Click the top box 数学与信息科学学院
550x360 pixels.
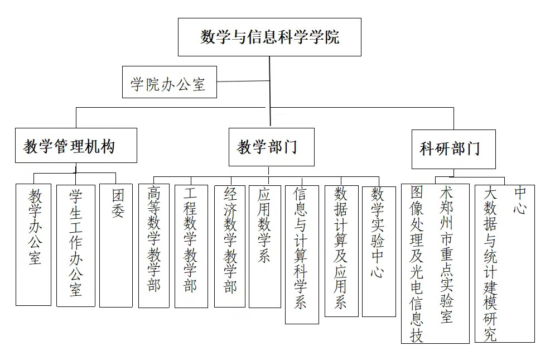click(269, 37)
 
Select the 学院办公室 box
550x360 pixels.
click(169, 83)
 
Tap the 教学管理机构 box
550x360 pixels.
click(76, 146)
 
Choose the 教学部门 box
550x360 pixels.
click(271, 147)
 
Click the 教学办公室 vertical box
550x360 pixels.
click(33, 244)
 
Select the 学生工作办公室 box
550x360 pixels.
click(75, 245)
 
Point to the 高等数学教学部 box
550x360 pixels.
click(154, 246)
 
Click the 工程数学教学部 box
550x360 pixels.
click(191, 246)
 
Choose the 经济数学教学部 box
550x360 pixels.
click(230, 246)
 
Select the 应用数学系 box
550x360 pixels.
click(265, 246)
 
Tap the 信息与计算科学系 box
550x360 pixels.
click(302, 254)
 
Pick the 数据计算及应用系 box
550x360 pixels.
click(341, 251)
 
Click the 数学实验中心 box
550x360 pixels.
click(379, 251)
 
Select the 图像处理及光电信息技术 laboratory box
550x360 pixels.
click(435, 263)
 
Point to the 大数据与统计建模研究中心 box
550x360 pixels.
click(504, 263)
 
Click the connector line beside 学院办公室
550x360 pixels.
click(243, 82)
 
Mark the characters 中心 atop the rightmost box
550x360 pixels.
click(520, 201)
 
